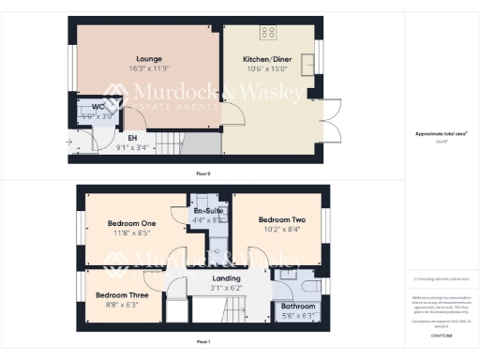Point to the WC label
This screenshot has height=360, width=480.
pos(97,107)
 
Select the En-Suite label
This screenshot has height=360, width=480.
pos(207,211)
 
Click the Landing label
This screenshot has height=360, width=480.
pos(227,278)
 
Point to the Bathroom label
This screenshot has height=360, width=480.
pos(297,306)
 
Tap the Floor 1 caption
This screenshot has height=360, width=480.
pos(202,342)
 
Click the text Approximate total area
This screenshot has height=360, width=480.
pos(441,134)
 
